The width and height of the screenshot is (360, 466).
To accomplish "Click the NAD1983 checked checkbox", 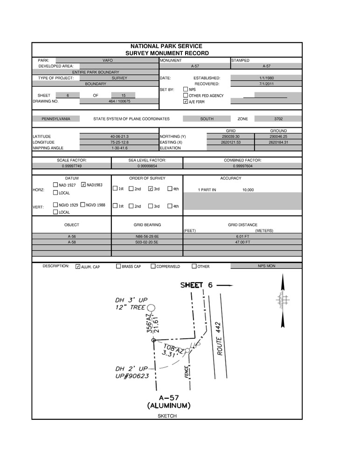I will pyautogui.click(x=83, y=185).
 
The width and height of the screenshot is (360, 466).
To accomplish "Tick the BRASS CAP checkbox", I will pyautogui.click(x=118, y=266).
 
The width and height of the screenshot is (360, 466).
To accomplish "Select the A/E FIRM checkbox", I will pyautogui.click(x=186, y=101).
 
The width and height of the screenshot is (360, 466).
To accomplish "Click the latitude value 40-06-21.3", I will pyautogui.click(x=119, y=136).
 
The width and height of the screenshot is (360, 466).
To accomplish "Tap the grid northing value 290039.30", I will pyautogui.click(x=230, y=136).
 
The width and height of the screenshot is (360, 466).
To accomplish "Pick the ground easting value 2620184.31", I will pyautogui.click(x=278, y=142).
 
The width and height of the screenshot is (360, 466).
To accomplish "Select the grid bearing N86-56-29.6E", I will pyautogui.click(x=147, y=236).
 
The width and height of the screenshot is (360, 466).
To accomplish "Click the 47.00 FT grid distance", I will pyautogui.click(x=242, y=242).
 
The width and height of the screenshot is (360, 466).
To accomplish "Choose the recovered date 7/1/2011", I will pyautogui.click(x=267, y=83).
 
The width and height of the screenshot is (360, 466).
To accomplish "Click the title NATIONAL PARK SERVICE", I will pyautogui.click(x=166, y=46).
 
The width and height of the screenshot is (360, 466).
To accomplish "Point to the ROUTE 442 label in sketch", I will pyautogui.click(x=219, y=338).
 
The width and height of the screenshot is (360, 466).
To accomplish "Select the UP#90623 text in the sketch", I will pyautogui.click(x=132, y=375).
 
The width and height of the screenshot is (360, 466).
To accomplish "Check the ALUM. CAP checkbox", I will pyautogui.click(x=78, y=266).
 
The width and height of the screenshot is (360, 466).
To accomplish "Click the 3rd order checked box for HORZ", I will pyautogui.click(x=151, y=188).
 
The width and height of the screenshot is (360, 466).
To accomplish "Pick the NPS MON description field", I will pyautogui.click(x=266, y=265).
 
